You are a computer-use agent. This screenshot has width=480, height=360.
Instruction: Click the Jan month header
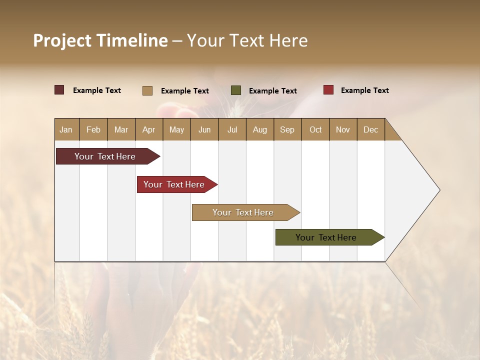click(66, 129)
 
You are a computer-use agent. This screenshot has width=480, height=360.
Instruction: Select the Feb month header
click(93, 129)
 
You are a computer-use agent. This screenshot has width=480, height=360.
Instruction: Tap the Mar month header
click(121, 129)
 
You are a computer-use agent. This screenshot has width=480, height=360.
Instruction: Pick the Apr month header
click(148, 129)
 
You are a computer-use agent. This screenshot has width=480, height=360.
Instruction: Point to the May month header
click(176, 129)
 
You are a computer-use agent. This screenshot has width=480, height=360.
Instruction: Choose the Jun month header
click(204, 129)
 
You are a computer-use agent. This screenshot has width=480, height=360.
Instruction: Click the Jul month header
click(232, 129)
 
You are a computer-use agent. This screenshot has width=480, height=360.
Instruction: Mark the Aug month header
click(259, 129)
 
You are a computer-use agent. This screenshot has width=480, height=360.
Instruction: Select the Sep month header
click(287, 129)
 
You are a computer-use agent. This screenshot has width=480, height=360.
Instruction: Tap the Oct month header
click(315, 129)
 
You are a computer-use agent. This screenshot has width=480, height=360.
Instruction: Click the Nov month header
click(342, 129)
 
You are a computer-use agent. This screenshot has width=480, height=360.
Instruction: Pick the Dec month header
click(370, 129)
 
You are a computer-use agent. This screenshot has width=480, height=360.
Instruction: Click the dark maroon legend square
click(59, 90)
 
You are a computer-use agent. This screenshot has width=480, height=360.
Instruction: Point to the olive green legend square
click(236, 90)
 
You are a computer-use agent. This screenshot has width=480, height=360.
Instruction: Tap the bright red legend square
click(328, 90)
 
